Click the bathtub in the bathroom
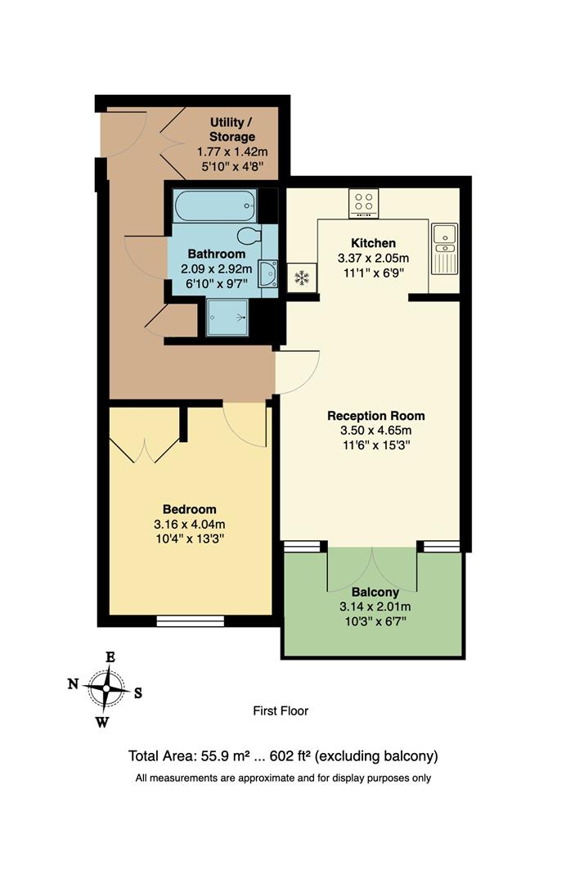click(215, 206)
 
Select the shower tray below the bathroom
click(227, 317)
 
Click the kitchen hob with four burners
click(362, 202)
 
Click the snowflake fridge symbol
click(302, 278)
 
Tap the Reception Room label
click(376, 416)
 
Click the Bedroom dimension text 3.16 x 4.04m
click(189, 525)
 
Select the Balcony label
click(375, 592)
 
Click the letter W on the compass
click(103, 722)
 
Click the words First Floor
click(281, 711)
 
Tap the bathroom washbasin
click(268, 274)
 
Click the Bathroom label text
click(216, 255)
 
